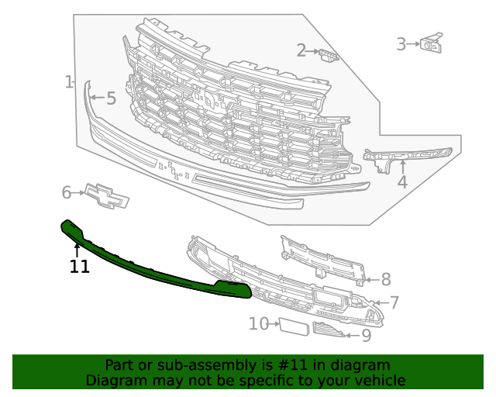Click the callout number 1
click(x=68, y=81)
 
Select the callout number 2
click(x=301, y=51)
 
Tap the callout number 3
click(x=401, y=44)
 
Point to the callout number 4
click(x=402, y=183)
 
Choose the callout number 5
click(x=111, y=98)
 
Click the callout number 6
click(x=67, y=192)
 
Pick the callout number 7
click(x=394, y=303)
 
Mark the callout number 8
click(x=385, y=280)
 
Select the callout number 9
click(x=366, y=336)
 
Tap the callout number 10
click(x=258, y=323)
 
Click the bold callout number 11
click(x=79, y=268)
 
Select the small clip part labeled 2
click(x=329, y=54)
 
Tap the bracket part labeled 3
click(x=431, y=44)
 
